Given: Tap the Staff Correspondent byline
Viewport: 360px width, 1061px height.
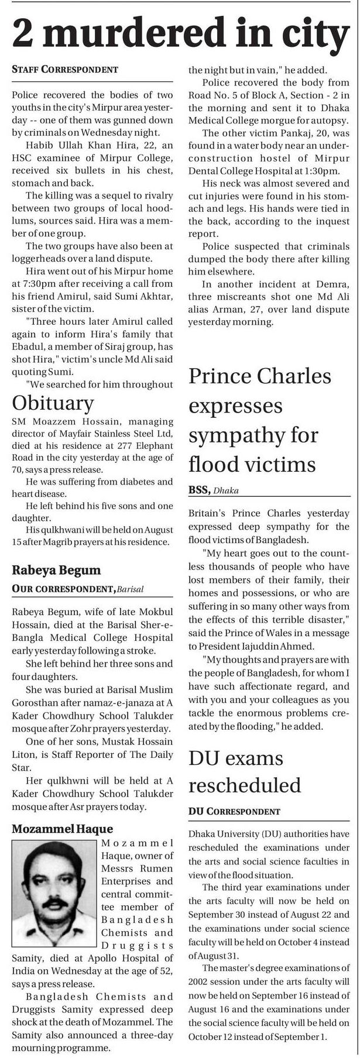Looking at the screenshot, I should [65, 70].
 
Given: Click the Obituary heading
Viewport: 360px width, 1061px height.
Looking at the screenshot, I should [53, 403].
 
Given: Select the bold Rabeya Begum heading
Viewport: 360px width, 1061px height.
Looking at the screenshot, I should [56, 569].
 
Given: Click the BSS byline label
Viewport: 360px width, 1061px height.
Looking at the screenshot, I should [199, 490].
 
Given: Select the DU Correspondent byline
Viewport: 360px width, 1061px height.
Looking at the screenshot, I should [234, 812].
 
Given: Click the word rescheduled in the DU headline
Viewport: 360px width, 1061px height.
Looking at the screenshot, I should [245, 785].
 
